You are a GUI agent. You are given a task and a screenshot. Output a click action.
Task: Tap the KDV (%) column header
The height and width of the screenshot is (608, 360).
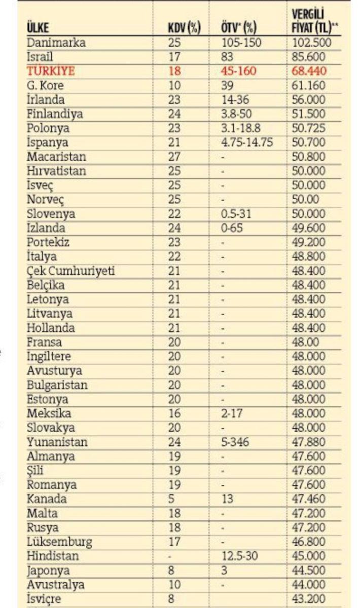pyautogui.click(x=184, y=28)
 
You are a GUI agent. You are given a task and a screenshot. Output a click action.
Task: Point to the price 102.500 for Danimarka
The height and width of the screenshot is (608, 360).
pyautogui.click(x=311, y=43)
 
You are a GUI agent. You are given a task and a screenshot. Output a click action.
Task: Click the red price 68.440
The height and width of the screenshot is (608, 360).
pyautogui.click(x=309, y=71)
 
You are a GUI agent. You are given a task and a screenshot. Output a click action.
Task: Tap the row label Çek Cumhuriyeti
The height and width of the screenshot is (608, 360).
pyautogui.click(x=70, y=271)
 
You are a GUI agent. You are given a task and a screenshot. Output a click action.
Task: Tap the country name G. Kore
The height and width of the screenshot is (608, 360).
pyautogui.click(x=45, y=85)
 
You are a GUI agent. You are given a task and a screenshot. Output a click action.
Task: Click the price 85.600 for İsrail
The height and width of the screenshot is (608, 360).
pyautogui.click(x=309, y=57)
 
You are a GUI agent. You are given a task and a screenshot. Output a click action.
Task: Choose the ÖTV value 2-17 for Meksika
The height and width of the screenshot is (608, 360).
pyautogui.click(x=233, y=413)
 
